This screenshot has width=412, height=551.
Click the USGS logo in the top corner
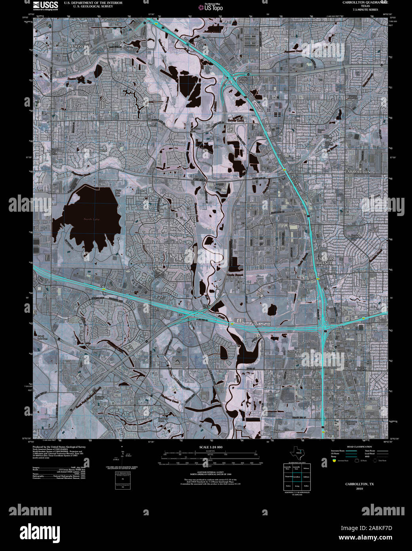(45, 5)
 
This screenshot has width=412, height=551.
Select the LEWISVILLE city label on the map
(80, 46)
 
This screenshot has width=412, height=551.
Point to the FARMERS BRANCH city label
(325, 261)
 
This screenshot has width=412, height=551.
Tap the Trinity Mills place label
(243, 80)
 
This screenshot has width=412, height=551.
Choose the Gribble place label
(292, 352)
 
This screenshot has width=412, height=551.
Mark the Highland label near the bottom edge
(279, 430)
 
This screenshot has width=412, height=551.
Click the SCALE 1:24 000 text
(211, 447)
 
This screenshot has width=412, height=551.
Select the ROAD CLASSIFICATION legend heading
(359, 447)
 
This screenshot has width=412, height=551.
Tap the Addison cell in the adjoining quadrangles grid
(306, 477)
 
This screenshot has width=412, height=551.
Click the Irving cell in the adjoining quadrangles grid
(297, 486)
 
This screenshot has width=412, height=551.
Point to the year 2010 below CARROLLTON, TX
(359, 488)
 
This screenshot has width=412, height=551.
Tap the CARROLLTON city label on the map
(357, 172)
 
